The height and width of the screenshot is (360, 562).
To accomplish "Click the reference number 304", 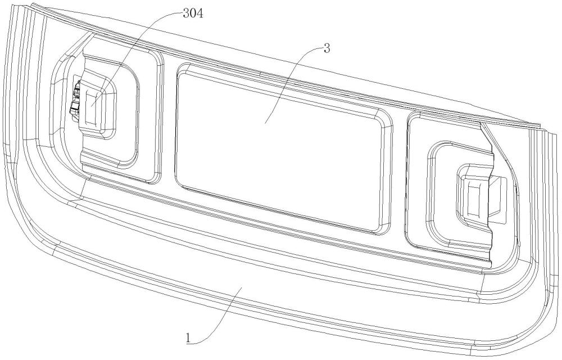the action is coord(193,14).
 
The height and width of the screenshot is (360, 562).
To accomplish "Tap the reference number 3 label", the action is coord(327,49).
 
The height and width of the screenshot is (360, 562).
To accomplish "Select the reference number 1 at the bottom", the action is coord(188,338).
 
